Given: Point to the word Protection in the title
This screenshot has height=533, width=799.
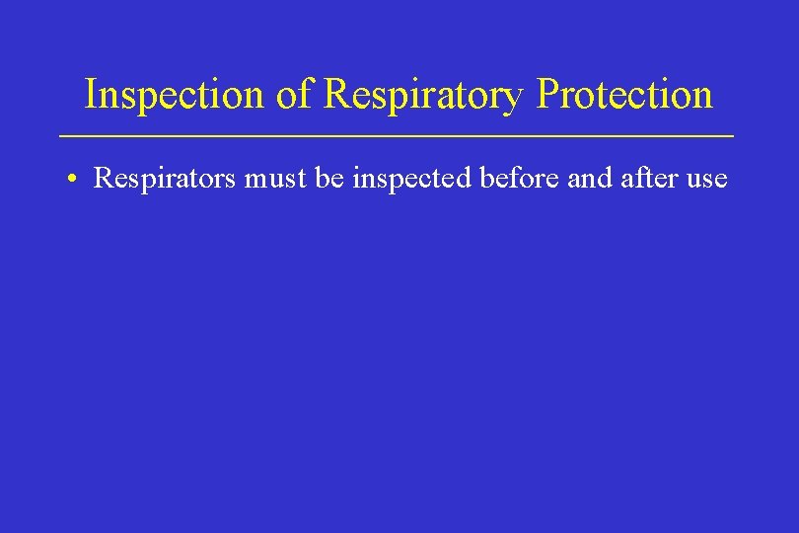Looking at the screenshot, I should [624, 95].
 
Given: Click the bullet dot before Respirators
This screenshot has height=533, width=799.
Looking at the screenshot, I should [74, 180].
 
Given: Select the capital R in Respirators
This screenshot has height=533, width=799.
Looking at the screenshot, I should [102, 179].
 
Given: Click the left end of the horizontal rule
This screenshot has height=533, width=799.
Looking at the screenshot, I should [62, 134].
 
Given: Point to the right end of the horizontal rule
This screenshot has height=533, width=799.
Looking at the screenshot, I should [733, 134].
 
